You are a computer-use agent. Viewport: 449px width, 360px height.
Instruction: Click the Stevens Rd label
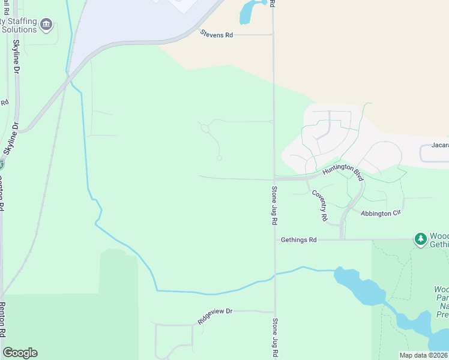coord(216,35)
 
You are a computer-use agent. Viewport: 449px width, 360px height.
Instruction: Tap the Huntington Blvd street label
coord(343,171)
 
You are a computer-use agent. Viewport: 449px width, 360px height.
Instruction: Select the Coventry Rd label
coord(319,205)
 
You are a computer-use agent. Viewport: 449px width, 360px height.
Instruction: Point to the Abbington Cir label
coord(380,212)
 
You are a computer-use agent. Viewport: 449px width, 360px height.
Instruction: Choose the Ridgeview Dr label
coord(215,316)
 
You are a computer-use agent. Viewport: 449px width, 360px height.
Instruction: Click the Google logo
coord(20,352)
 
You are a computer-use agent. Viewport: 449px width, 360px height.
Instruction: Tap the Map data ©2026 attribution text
coord(423,355)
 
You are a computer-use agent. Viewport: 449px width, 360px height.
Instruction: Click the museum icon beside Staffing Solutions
coord(46,25)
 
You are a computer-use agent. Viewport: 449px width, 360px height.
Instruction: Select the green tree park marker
coord(421,239)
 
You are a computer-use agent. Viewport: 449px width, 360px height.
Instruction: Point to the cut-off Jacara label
coord(440,145)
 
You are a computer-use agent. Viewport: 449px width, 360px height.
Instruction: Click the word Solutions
coord(19,29)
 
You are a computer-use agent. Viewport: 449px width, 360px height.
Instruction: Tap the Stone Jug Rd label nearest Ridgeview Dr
coord(275,337)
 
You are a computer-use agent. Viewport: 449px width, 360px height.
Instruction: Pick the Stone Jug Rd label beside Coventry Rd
coord(274,205)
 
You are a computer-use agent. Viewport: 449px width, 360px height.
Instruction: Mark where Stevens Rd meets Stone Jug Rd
coord(273,35)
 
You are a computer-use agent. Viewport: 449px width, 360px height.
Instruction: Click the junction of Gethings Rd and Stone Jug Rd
coord(275,239)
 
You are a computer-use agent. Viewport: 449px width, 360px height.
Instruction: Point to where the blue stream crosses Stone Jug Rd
coord(275,275)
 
